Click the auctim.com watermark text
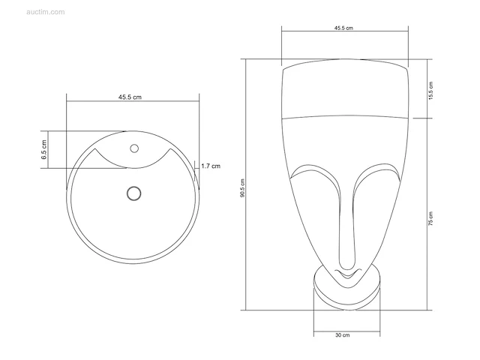click(46, 12)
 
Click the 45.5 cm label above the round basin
click(130, 97)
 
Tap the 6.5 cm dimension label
click(44, 149)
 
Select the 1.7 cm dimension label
click(211, 166)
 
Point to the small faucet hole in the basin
click(134, 148)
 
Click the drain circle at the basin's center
click(133, 193)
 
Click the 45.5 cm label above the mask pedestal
click(343, 28)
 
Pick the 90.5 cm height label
click(242, 188)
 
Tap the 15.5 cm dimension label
click(430, 91)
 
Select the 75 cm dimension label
click(430, 218)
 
